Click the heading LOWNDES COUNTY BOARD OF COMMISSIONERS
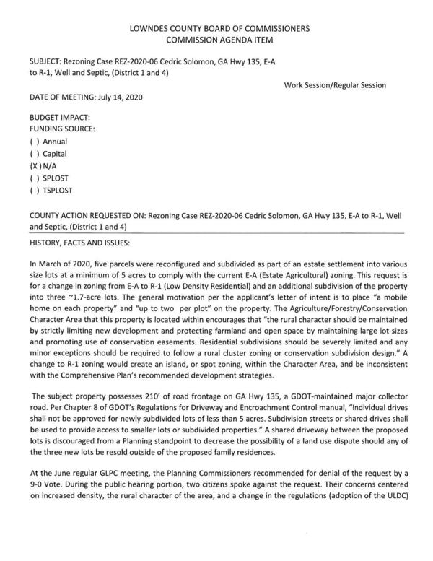click(219, 28)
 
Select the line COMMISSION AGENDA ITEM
click(219, 40)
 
